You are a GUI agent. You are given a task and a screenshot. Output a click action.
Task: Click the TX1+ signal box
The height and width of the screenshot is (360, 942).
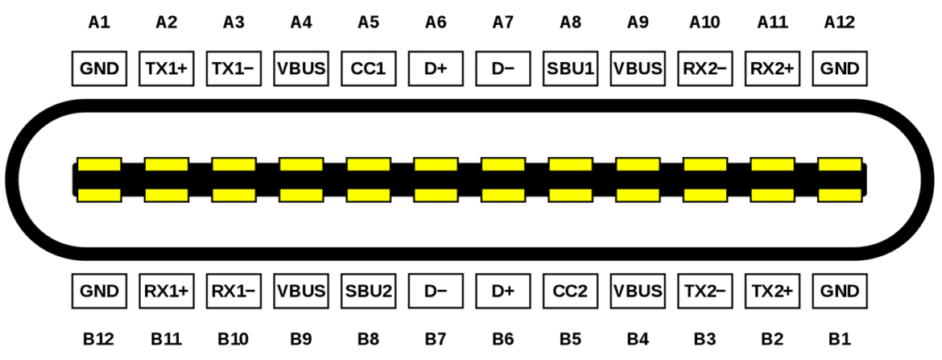167,68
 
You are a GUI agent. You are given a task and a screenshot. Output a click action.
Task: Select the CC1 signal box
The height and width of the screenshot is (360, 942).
368,68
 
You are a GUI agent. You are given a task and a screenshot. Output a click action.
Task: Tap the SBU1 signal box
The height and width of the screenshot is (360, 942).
570,68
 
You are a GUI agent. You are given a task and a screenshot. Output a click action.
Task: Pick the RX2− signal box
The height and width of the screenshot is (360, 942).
704,68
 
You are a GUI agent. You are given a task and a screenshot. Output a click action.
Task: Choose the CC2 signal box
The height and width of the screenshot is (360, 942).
570,291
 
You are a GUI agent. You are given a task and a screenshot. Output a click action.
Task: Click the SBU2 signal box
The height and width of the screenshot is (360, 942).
368,291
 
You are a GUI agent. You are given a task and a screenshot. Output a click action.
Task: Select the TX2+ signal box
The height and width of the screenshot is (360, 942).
772,291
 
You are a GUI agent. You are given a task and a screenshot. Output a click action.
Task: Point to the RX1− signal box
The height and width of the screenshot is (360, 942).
233,291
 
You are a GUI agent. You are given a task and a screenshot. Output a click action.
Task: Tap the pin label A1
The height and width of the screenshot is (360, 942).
99,23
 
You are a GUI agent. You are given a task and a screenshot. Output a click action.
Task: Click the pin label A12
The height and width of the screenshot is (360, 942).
839,23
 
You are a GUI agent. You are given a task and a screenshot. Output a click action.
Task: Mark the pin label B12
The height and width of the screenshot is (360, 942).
99,340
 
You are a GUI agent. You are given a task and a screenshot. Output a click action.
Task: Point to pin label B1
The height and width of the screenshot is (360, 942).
839,340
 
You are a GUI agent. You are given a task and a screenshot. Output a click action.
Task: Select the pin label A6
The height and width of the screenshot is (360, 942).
436,23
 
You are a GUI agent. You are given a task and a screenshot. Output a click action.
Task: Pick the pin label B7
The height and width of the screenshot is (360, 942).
436,340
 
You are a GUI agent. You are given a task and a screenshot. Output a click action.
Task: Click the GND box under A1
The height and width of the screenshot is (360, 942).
99,68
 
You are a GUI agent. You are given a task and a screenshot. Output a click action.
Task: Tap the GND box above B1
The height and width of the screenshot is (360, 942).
839,291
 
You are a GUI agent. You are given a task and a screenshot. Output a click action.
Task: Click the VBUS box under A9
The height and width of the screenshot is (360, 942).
638,68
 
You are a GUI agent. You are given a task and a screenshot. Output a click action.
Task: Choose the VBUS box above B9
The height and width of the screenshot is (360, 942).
301,291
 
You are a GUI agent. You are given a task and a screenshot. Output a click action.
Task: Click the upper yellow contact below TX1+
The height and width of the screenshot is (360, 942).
167,164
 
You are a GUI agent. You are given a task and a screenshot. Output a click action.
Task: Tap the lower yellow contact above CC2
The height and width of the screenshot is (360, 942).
570,195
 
